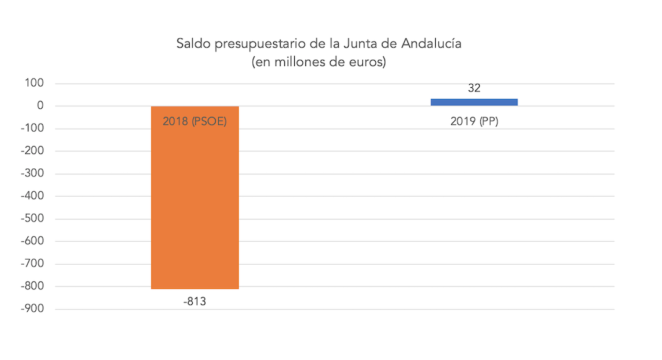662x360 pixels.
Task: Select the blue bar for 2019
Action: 474,102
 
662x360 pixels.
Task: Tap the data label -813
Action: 195,302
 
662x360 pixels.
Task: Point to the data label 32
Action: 474,88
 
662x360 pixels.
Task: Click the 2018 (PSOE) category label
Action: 195,122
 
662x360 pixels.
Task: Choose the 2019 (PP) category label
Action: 474,122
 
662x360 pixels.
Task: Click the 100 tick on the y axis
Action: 35,84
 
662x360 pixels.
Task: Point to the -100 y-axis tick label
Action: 32,129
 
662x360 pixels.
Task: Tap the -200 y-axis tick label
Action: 32,151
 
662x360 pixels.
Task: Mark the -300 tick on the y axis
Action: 32,174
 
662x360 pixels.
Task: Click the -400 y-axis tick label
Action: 32,196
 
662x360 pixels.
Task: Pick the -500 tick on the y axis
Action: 32,219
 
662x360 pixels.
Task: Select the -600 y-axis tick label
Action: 32,241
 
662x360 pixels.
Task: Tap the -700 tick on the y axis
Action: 32,264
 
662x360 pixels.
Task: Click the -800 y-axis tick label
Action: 32,286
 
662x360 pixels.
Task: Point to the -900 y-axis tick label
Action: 32,309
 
